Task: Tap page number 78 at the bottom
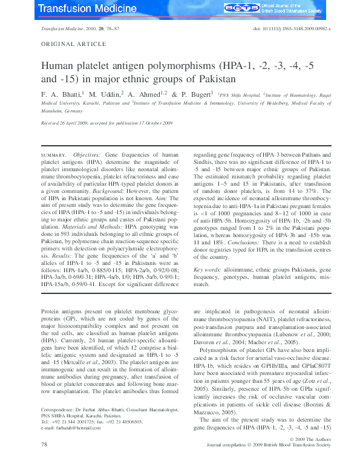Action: tap(44, 462)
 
